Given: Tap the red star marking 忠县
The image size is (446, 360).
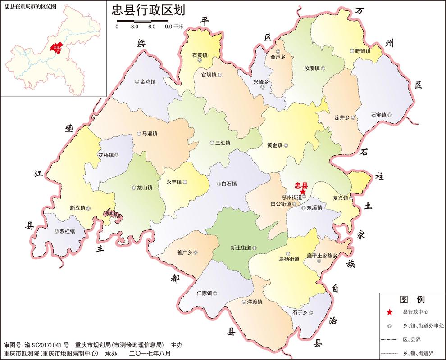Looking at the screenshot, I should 303,191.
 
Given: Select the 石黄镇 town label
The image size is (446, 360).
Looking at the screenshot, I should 200,55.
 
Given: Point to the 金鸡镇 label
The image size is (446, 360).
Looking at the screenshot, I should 148,82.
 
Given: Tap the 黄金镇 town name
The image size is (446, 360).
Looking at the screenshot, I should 274,145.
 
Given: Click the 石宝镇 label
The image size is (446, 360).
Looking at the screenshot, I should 378,115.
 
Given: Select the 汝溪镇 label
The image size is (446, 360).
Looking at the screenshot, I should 312,68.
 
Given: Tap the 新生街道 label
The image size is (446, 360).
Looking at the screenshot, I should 241,248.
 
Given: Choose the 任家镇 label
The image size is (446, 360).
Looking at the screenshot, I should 204,293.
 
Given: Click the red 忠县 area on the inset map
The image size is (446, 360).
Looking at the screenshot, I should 56,47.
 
